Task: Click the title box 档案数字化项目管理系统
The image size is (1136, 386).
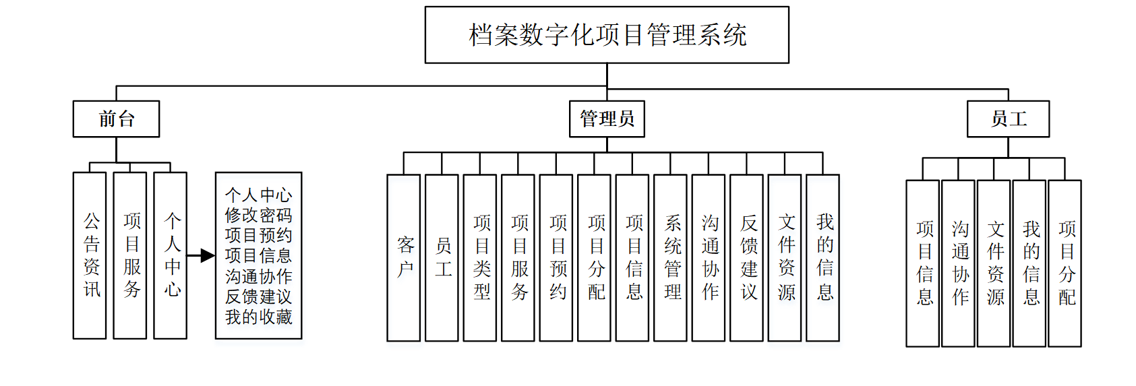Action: coord(607,35)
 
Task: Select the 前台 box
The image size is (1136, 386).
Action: coord(116,119)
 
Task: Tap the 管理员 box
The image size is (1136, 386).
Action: coord(607,119)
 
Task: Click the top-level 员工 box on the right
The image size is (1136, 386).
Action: coord(1008,119)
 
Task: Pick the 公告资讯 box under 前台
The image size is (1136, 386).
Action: coord(90,256)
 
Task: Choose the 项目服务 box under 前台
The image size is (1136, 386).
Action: coord(130,256)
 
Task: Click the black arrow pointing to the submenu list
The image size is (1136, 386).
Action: coord(201,256)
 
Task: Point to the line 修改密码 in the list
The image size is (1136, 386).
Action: coord(258,216)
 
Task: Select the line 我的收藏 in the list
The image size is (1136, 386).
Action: coord(258,317)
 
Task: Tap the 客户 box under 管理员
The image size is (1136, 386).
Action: coord(404,258)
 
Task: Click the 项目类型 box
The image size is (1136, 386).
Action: coord(480,258)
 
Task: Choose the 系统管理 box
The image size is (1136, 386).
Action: coord(671,258)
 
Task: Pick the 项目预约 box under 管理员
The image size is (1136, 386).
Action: coord(556,258)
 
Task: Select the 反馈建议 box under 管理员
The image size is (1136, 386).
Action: coord(747,258)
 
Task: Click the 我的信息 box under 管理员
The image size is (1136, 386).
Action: coord(823,258)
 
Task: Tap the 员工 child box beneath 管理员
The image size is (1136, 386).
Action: coord(442,258)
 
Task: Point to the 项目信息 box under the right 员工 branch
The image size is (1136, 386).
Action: coord(923,263)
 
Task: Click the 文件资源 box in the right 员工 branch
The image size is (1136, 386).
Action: coord(994,263)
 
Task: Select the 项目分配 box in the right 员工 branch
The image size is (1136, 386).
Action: coord(1065,263)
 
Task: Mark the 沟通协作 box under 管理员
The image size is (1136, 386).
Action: coord(709,258)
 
